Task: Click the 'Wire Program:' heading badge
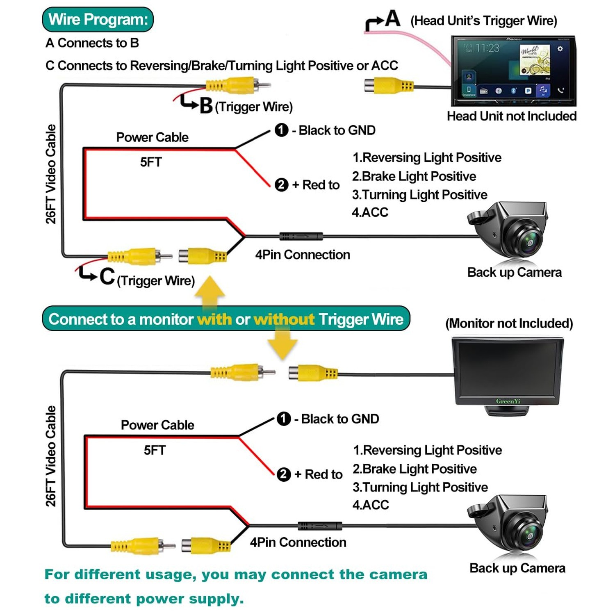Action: tap(98, 19)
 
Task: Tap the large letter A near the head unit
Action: tap(392, 18)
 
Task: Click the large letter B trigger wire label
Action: tap(206, 105)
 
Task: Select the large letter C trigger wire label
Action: tap(107, 276)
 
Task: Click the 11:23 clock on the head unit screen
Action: tap(487, 48)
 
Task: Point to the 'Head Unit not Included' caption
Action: tap(511, 116)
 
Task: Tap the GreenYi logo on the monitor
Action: tap(508, 401)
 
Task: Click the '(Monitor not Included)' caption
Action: tap(509, 323)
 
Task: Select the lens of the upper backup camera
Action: tap(529, 242)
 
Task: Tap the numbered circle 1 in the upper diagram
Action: tap(281, 130)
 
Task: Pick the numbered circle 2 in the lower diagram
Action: tap(284, 474)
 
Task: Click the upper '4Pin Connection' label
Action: tap(303, 255)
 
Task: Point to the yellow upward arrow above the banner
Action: tap(210, 289)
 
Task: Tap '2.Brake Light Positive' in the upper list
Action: tap(414, 176)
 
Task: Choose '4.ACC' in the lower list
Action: tap(371, 505)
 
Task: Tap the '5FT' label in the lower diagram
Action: tap(155, 450)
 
